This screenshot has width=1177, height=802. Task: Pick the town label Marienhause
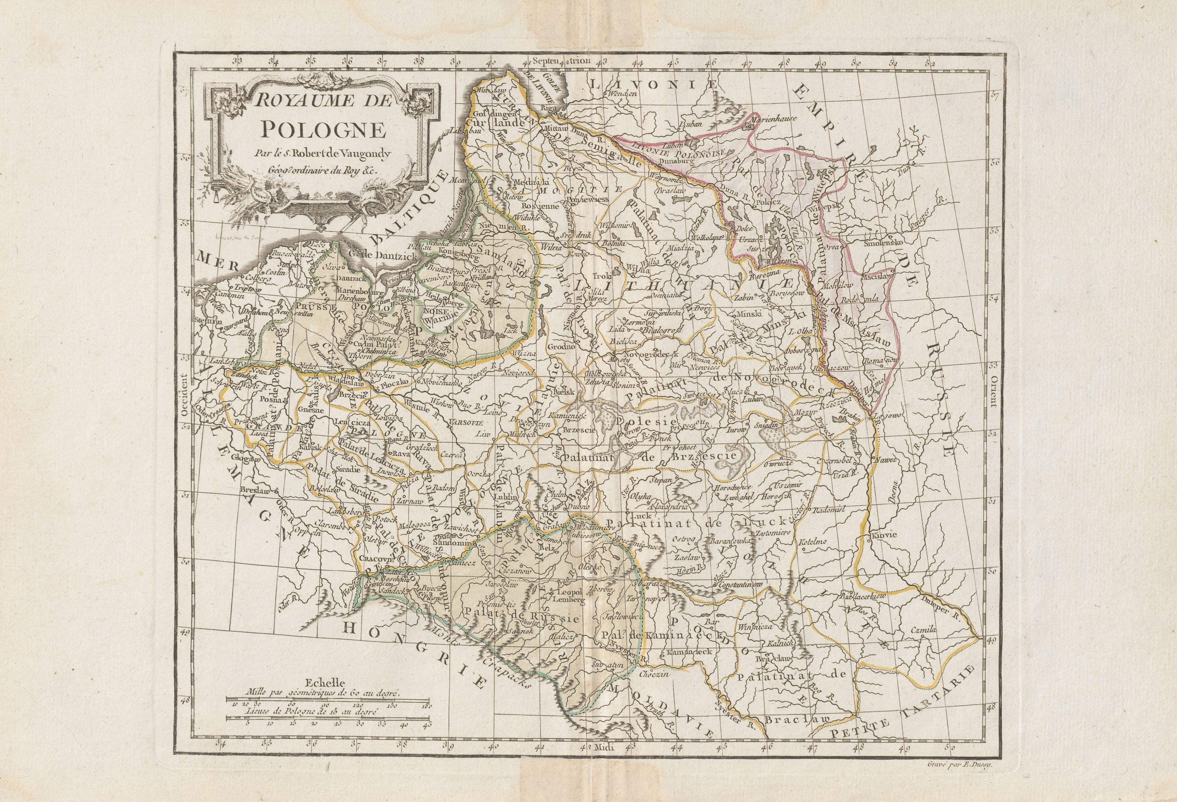[x=774, y=120]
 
